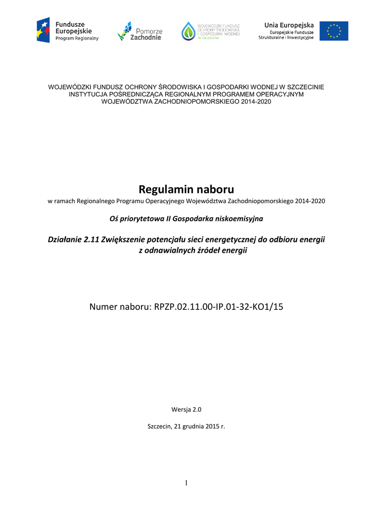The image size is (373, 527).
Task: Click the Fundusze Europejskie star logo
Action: click(43, 30)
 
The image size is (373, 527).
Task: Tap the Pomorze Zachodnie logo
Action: click(139, 31)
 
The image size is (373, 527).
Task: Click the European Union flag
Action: click(333, 31)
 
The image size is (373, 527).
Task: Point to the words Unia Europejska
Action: click(289, 25)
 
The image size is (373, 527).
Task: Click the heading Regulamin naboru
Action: click(186, 189)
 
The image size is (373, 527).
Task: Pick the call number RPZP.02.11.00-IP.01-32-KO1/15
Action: click(219, 307)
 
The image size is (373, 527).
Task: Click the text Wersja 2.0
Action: click(186, 409)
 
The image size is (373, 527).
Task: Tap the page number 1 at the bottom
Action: click(186, 483)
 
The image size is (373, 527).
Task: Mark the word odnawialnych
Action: click(173, 250)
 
